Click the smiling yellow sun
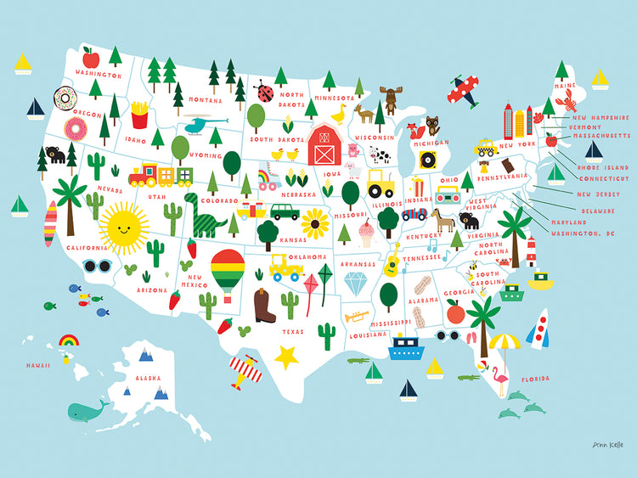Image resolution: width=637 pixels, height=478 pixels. point(123,226)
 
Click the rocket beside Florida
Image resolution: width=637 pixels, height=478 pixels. point(538,329)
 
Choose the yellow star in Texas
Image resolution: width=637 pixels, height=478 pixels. point(287,357)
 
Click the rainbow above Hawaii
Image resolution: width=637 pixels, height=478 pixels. point(69,341)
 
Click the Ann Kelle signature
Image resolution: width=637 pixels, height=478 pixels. point(598,444)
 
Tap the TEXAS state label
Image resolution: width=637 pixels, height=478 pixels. point(294,331)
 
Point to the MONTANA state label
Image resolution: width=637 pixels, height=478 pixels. point(205,99)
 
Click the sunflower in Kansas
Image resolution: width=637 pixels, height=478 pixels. point(315,225)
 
